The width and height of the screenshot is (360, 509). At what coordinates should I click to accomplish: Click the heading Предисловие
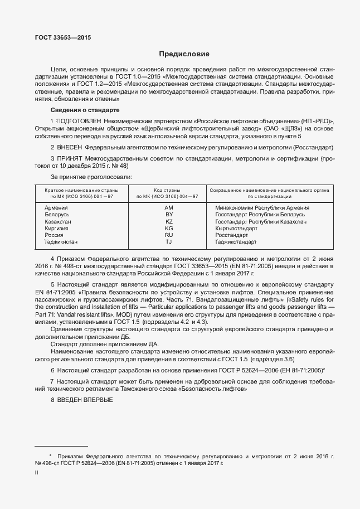click(x=184, y=54)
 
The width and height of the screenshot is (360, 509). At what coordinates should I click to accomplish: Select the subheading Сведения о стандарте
click(x=85, y=110)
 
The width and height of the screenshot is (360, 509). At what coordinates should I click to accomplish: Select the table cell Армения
click(x=56, y=207)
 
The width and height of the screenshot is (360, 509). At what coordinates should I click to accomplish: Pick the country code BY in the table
click(x=169, y=215)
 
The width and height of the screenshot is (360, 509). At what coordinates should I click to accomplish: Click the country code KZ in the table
click(x=169, y=221)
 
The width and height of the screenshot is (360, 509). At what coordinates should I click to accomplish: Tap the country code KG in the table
click(x=169, y=229)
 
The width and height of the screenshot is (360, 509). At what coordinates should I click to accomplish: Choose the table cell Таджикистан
click(x=61, y=243)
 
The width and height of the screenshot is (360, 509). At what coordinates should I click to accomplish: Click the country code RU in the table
click(x=169, y=235)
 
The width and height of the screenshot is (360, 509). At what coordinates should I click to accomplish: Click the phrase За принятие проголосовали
click(x=91, y=176)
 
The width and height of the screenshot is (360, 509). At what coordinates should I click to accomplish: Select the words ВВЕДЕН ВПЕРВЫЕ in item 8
click(x=85, y=401)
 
